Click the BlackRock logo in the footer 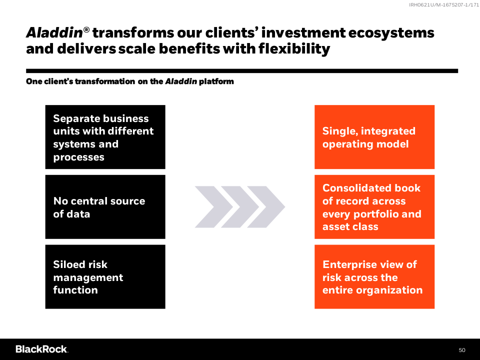[x=42, y=349]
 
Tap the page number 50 [x=462, y=350]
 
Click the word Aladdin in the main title [x=54, y=33]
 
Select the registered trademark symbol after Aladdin [x=86, y=29]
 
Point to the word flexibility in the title [x=294, y=49]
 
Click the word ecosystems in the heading [x=391, y=33]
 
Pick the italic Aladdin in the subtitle [x=181, y=81]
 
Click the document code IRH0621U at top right [x=421, y=5]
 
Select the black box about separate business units [x=105, y=137]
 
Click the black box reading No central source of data [x=105, y=207]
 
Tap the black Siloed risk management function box [x=105, y=276]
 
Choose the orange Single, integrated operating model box [x=374, y=137]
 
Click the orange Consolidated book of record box [x=374, y=207]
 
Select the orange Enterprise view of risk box [x=374, y=276]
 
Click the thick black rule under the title [x=242, y=71]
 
